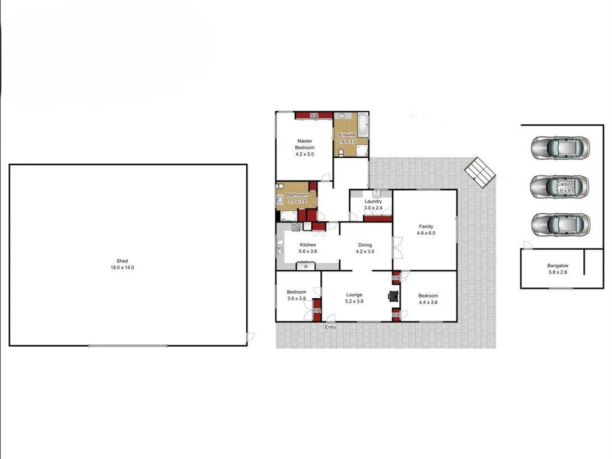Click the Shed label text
123,261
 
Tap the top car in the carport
561,147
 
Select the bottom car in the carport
561,224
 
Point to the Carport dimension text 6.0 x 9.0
565,191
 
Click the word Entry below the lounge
331,327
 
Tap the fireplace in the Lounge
393,296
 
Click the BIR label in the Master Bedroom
314,115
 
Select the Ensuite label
347,135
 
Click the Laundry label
374,201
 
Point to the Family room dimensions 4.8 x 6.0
426,233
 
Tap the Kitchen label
308,245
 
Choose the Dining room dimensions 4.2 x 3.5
365,252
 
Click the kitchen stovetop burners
295,227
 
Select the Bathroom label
297,195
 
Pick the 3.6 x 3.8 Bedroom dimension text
297,299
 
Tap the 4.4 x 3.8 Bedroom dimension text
428,302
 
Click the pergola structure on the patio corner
481,172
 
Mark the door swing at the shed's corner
250,337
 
